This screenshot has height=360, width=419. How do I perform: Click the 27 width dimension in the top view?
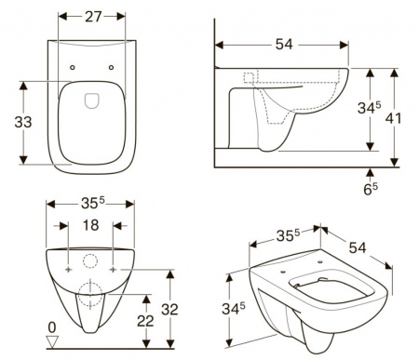click(93, 17)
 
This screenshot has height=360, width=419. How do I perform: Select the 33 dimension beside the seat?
click(23, 122)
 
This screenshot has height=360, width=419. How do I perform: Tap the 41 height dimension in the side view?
click(393, 118)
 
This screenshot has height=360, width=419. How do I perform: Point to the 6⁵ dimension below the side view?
click(371, 189)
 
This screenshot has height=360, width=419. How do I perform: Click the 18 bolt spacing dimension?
click(90, 225)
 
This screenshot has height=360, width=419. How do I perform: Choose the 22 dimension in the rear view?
click(145, 321)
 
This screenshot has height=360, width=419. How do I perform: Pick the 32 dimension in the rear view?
click(169, 310)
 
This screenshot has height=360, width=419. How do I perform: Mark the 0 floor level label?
click(52, 327)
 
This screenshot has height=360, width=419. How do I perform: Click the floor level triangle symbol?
click(52, 341)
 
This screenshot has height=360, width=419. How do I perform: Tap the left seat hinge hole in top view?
click(73, 67)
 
